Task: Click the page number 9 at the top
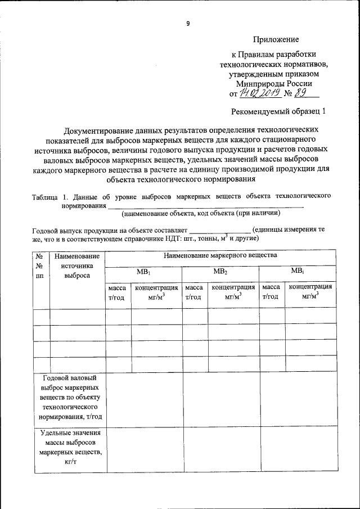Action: [188, 24]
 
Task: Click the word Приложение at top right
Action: [276, 39]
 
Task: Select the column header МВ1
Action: [143, 271]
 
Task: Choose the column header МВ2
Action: [220, 271]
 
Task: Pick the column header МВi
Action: [297, 271]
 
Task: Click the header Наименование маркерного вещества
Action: [220, 255]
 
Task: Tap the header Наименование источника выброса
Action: [77, 266]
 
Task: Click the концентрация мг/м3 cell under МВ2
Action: [233, 292]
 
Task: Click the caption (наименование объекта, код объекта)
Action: [200, 213]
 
